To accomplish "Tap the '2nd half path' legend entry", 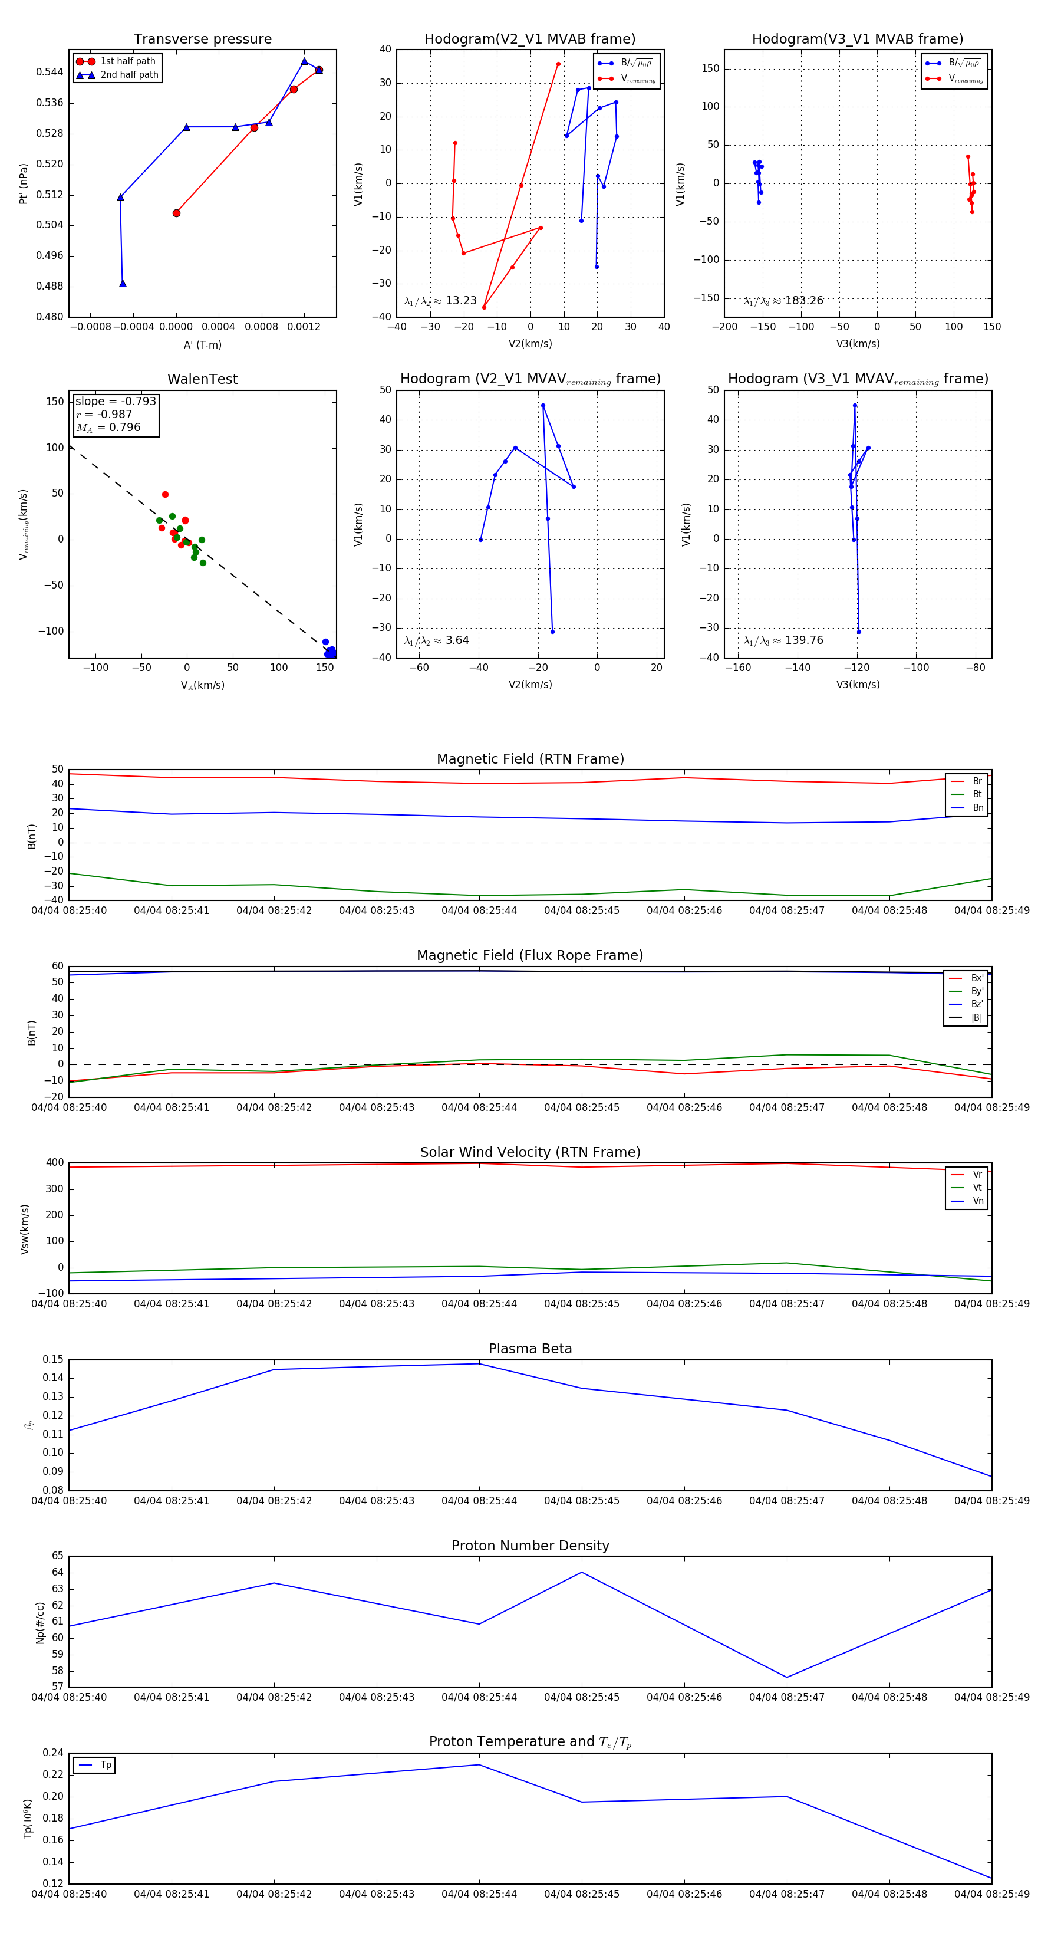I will click(x=129, y=75).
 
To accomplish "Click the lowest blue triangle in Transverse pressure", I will click(x=123, y=283).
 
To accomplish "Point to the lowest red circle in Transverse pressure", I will click(x=176, y=213).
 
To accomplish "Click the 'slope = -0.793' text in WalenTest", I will click(x=116, y=401).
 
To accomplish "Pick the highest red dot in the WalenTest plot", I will click(x=166, y=495).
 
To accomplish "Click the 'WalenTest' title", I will click(x=202, y=379).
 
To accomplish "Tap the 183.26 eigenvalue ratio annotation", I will click(x=783, y=301).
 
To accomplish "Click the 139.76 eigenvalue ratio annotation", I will click(x=783, y=640).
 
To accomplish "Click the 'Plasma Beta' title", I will click(x=530, y=1349).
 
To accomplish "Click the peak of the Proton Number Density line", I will click(x=581, y=1572).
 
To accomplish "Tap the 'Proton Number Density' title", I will click(x=530, y=1546).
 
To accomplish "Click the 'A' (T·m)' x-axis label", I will click(x=202, y=345).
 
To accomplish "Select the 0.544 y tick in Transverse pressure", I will click(x=50, y=73).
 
